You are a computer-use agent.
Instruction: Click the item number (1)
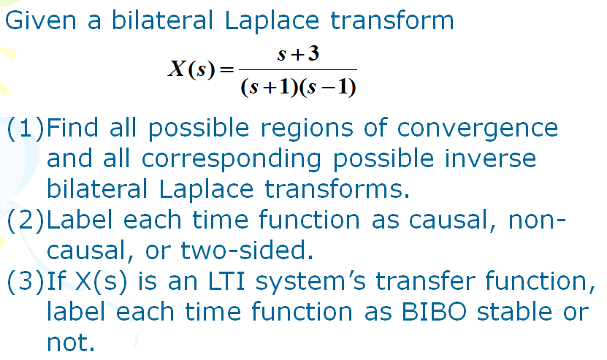26,129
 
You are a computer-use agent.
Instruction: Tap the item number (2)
26,220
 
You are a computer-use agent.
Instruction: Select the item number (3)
26,281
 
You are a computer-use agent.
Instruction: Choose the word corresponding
247,158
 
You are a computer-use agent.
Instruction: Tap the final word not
70,342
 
